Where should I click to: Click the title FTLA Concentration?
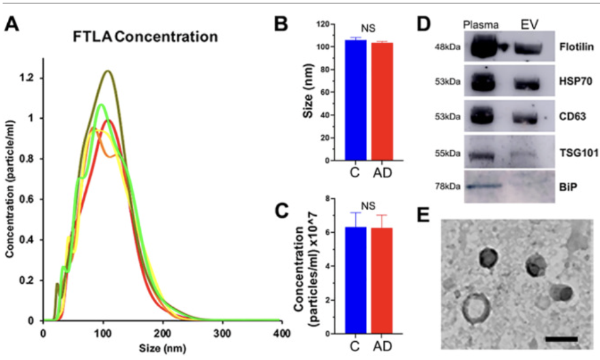pos(145,37)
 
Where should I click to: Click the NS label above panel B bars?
pos(369,30)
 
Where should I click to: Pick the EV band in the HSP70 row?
pos(529,84)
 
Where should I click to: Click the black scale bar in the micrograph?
pos(560,339)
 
